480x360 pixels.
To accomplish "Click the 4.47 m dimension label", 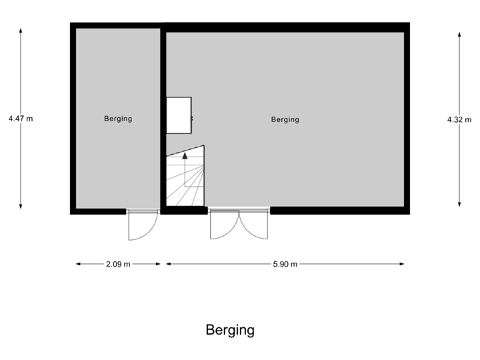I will [x=21, y=119].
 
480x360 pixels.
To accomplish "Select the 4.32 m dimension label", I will [x=459, y=119].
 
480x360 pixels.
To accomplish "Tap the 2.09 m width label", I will [x=118, y=264].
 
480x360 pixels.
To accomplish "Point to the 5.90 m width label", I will [x=285, y=264].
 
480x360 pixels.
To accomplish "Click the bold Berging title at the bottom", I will [x=230, y=330].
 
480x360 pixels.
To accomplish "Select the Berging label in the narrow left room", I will [x=118, y=119].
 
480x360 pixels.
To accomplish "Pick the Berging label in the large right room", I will [x=285, y=119].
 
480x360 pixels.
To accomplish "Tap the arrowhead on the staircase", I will [x=185, y=156].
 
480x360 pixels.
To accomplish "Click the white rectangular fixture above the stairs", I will [x=179, y=115].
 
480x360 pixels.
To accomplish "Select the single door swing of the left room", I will [x=142, y=227].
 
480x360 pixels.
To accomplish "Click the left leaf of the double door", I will [x=223, y=227].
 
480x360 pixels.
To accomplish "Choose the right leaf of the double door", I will [x=255, y=227].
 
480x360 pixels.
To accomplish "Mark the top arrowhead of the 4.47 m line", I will [x=21, y=31].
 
